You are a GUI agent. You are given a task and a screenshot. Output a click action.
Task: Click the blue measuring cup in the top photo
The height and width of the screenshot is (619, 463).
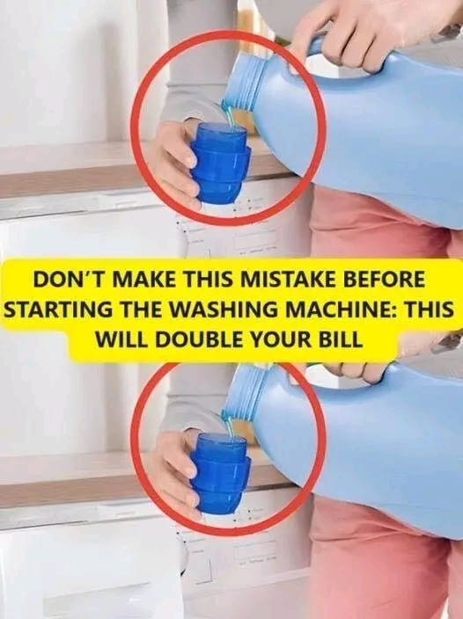point(221,163)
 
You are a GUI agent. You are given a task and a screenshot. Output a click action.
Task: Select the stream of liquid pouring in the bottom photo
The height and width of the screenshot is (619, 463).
point(231,426)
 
